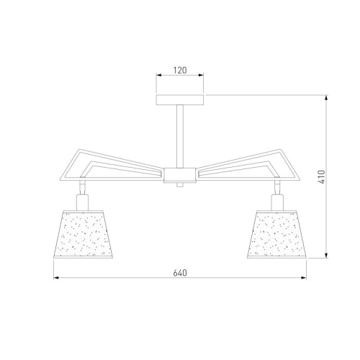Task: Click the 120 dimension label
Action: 180,71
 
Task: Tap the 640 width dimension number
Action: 180,273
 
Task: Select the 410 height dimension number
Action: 321,177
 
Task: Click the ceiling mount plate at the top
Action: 180,100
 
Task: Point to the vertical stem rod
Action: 180,136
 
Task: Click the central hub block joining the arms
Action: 180,175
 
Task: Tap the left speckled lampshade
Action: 83,235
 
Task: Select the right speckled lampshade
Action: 277,235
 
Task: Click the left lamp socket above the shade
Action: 83,202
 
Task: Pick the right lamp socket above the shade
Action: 277,202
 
